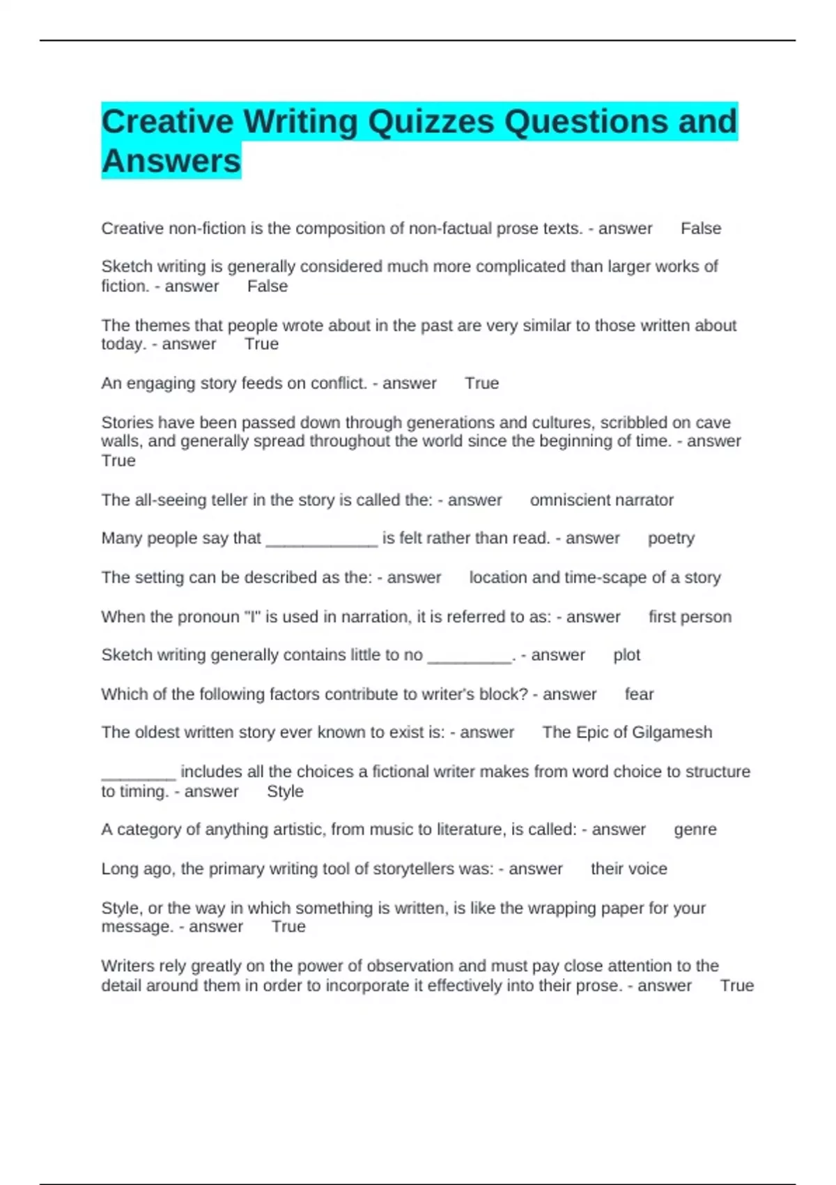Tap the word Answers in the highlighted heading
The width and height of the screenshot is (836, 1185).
coord(171,161)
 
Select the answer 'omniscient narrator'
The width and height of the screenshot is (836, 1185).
coord(601,500)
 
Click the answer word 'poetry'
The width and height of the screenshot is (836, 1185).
coord(671,538)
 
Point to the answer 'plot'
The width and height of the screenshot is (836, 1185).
coord(626,655)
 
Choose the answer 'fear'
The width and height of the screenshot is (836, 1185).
coord(639,694)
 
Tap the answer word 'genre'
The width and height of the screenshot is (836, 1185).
coord(695,829)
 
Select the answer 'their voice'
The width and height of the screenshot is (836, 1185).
coord(628,869)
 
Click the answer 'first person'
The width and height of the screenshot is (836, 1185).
coord(690,617)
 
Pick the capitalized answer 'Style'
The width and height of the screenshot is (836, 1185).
coord(285,791)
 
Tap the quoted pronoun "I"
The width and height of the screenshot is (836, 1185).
coord(252,617)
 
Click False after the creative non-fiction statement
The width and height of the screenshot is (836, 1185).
coord(701,229)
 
